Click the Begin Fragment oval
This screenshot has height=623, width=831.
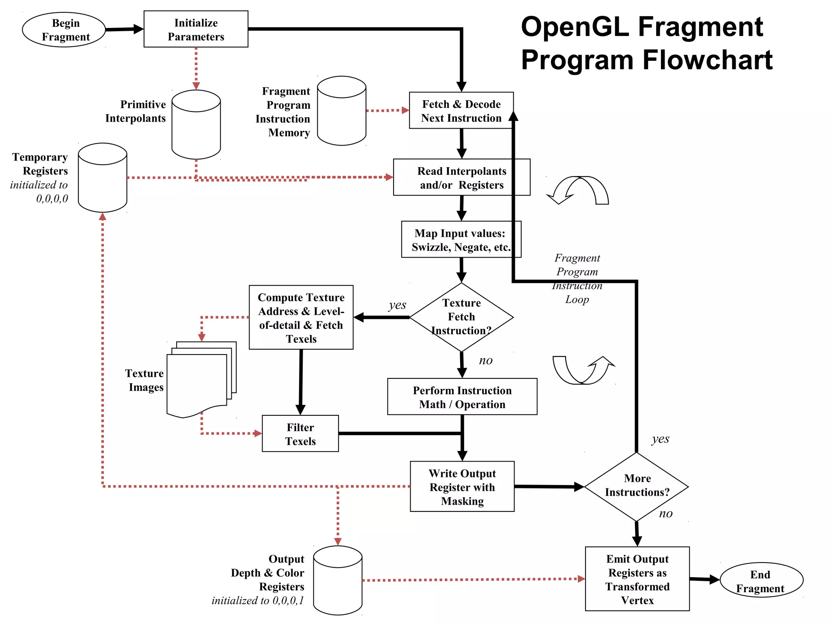pyautogui.click(x=64, y=30)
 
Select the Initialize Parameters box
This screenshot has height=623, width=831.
pyautogui.click(x=196, y=29)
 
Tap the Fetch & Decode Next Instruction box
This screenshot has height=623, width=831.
pyautogui.click(x=461, y=111)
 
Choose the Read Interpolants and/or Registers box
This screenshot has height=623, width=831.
pyautogui.click(x=461, y=178)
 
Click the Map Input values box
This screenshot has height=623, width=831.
pyautogui.click(x=461, y=240)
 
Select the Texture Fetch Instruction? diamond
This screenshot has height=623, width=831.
pyautogui.click(x=461, y=317)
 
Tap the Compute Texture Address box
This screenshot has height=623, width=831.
pyautogui.click(x=301, y=318)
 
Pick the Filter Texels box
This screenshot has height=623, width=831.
pyautogui.click(x=300, y=434)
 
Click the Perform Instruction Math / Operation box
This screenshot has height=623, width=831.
pyautogui.click(x=462, y=397)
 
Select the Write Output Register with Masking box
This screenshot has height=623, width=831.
pyautogui.click(x=462, y=487)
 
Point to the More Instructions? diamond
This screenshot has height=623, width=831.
pyautogui.click(x=636, y=486)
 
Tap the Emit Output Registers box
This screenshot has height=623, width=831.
pyautogui.click(x=637, y=579)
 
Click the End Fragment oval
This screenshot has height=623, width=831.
pyautogui.click(x=761, y=580)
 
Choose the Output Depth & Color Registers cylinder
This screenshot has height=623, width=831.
pyautogui.click(x=338, y=580)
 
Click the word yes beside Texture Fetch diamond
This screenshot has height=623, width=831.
pyautogui.click(x=397, y=305)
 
